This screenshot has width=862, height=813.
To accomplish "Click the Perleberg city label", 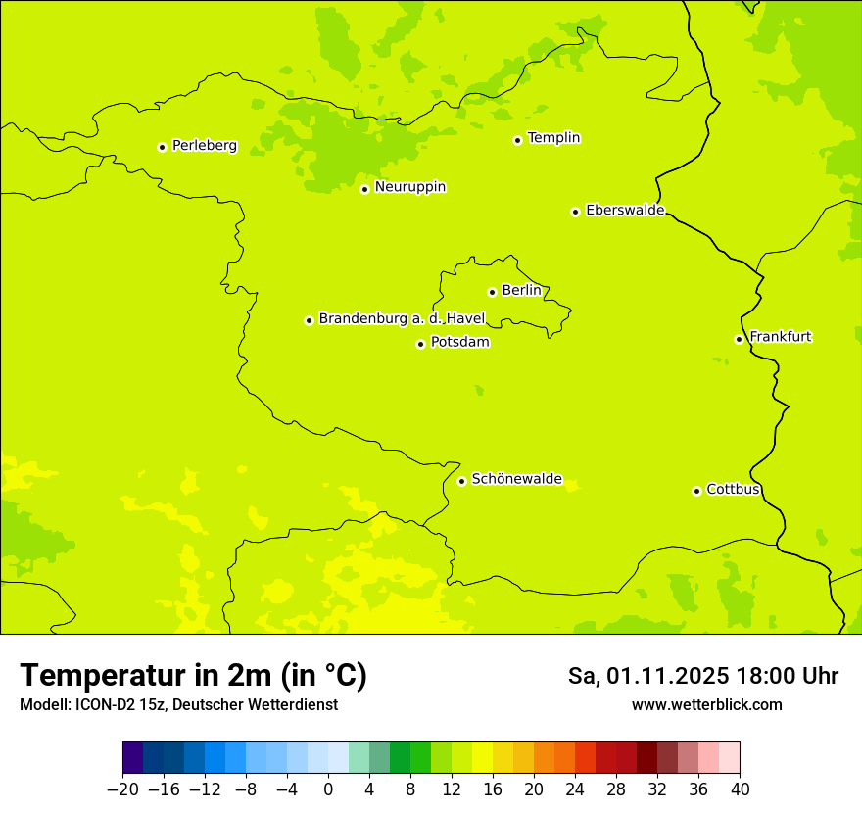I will tap(204, 146).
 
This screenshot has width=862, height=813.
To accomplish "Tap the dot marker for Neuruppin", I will tap(364, 189).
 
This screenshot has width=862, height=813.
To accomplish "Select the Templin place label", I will tap(553, 138).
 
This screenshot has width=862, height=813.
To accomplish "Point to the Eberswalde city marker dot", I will tap(575, 212).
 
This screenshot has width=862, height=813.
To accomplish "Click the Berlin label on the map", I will tap(521, 291).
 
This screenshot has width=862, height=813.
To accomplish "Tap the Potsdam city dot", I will tap(420, 344).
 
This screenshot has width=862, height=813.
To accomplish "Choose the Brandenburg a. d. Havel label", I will tap(402, 319).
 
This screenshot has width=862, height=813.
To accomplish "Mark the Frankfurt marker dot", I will tap(739, 339).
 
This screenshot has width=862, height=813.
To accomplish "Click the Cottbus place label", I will tap(733, 490).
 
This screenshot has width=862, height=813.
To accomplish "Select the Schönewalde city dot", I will tap(461, 481).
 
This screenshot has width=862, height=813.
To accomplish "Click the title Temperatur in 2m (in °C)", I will tap(193, 676).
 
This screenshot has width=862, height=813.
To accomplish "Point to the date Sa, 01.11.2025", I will tap(648, 676).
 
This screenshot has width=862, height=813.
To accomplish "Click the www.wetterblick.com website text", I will tap(706, 704).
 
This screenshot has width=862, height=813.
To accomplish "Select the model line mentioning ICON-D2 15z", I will tap(178, 704).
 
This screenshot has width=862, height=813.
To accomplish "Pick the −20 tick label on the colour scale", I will tap(122, 789).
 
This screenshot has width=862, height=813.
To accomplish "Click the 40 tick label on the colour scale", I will tap(740, 789).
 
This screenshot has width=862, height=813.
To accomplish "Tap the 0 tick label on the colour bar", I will tap(328, 789).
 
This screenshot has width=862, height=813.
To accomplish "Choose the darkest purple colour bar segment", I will tap(133, 758).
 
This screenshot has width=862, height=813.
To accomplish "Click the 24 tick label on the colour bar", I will tap(575, 789).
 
